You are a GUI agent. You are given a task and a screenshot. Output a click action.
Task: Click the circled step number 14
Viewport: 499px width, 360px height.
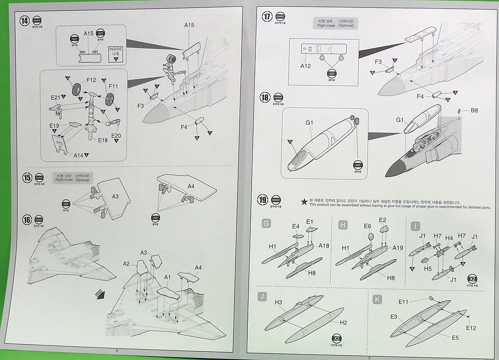point(25,21)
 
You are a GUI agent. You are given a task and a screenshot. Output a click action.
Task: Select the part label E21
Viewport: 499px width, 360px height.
point(56,97)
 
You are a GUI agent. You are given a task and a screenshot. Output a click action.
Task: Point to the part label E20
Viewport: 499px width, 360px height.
point(116,136)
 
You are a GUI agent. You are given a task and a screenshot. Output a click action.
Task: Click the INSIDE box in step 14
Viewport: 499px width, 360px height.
point(116,54)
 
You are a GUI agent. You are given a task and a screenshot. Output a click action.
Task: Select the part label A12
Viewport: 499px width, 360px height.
point(306,66)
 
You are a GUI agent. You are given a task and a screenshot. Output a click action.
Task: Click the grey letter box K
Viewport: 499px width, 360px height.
point(377,299)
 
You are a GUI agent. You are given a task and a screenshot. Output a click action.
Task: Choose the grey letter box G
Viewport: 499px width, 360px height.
point(267,225)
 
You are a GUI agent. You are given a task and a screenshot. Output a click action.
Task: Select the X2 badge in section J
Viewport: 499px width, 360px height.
point(336,338)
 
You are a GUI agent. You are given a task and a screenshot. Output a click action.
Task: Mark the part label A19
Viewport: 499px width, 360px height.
point(398,247)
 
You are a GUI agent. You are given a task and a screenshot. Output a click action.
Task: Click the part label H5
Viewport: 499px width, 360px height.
point(428,269)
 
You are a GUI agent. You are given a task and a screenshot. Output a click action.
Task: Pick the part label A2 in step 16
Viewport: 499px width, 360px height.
point(127,264)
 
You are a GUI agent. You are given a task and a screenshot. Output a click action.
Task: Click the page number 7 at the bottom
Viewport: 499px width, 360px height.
point(368,357)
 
